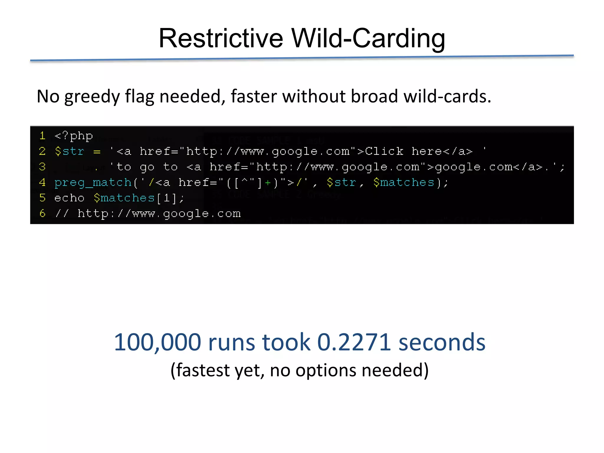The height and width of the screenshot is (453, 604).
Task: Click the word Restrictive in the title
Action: tap(221, 38)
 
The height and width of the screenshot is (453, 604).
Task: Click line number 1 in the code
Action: tap(42, 136)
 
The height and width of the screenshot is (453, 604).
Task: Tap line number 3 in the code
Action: tap(42, 167)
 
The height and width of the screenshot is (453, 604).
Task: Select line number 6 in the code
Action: tap(42, 213)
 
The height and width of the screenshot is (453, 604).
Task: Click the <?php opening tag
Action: tap(74, 136)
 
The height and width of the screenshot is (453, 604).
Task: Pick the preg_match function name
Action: tap(93, 183)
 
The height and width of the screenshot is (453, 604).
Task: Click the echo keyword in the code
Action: tap(69, 198)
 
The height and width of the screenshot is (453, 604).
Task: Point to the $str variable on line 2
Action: tap(70, 151)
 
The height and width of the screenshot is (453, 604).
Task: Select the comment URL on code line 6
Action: tap(159, 214)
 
